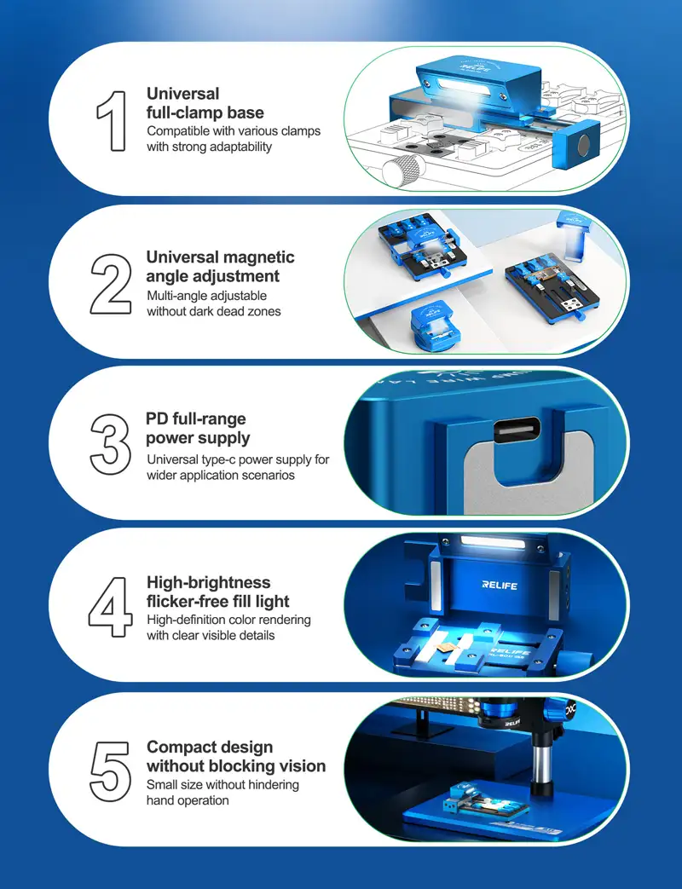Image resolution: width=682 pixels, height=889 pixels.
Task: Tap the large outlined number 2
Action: click(111, 284)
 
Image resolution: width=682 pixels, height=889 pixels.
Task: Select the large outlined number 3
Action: click(111, 445)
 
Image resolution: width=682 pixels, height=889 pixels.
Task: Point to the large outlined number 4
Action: click(111, 607)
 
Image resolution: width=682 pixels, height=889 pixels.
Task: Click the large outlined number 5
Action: click(111, 771)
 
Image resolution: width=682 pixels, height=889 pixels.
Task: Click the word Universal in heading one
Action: click(182, 94)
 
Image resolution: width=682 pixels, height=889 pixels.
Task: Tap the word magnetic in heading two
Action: click(260, 257)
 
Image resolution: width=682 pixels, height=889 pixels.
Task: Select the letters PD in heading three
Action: click(157, 419)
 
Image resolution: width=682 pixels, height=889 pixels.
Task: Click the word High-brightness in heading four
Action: click(209, 583)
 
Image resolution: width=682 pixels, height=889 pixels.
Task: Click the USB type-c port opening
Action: click(517, 430)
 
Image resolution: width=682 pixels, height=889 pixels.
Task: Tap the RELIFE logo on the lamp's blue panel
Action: click(500, 585)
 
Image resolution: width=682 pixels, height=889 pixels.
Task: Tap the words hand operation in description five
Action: click(188, 800)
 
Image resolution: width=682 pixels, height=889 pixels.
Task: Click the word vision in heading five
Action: click(302, 766)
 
